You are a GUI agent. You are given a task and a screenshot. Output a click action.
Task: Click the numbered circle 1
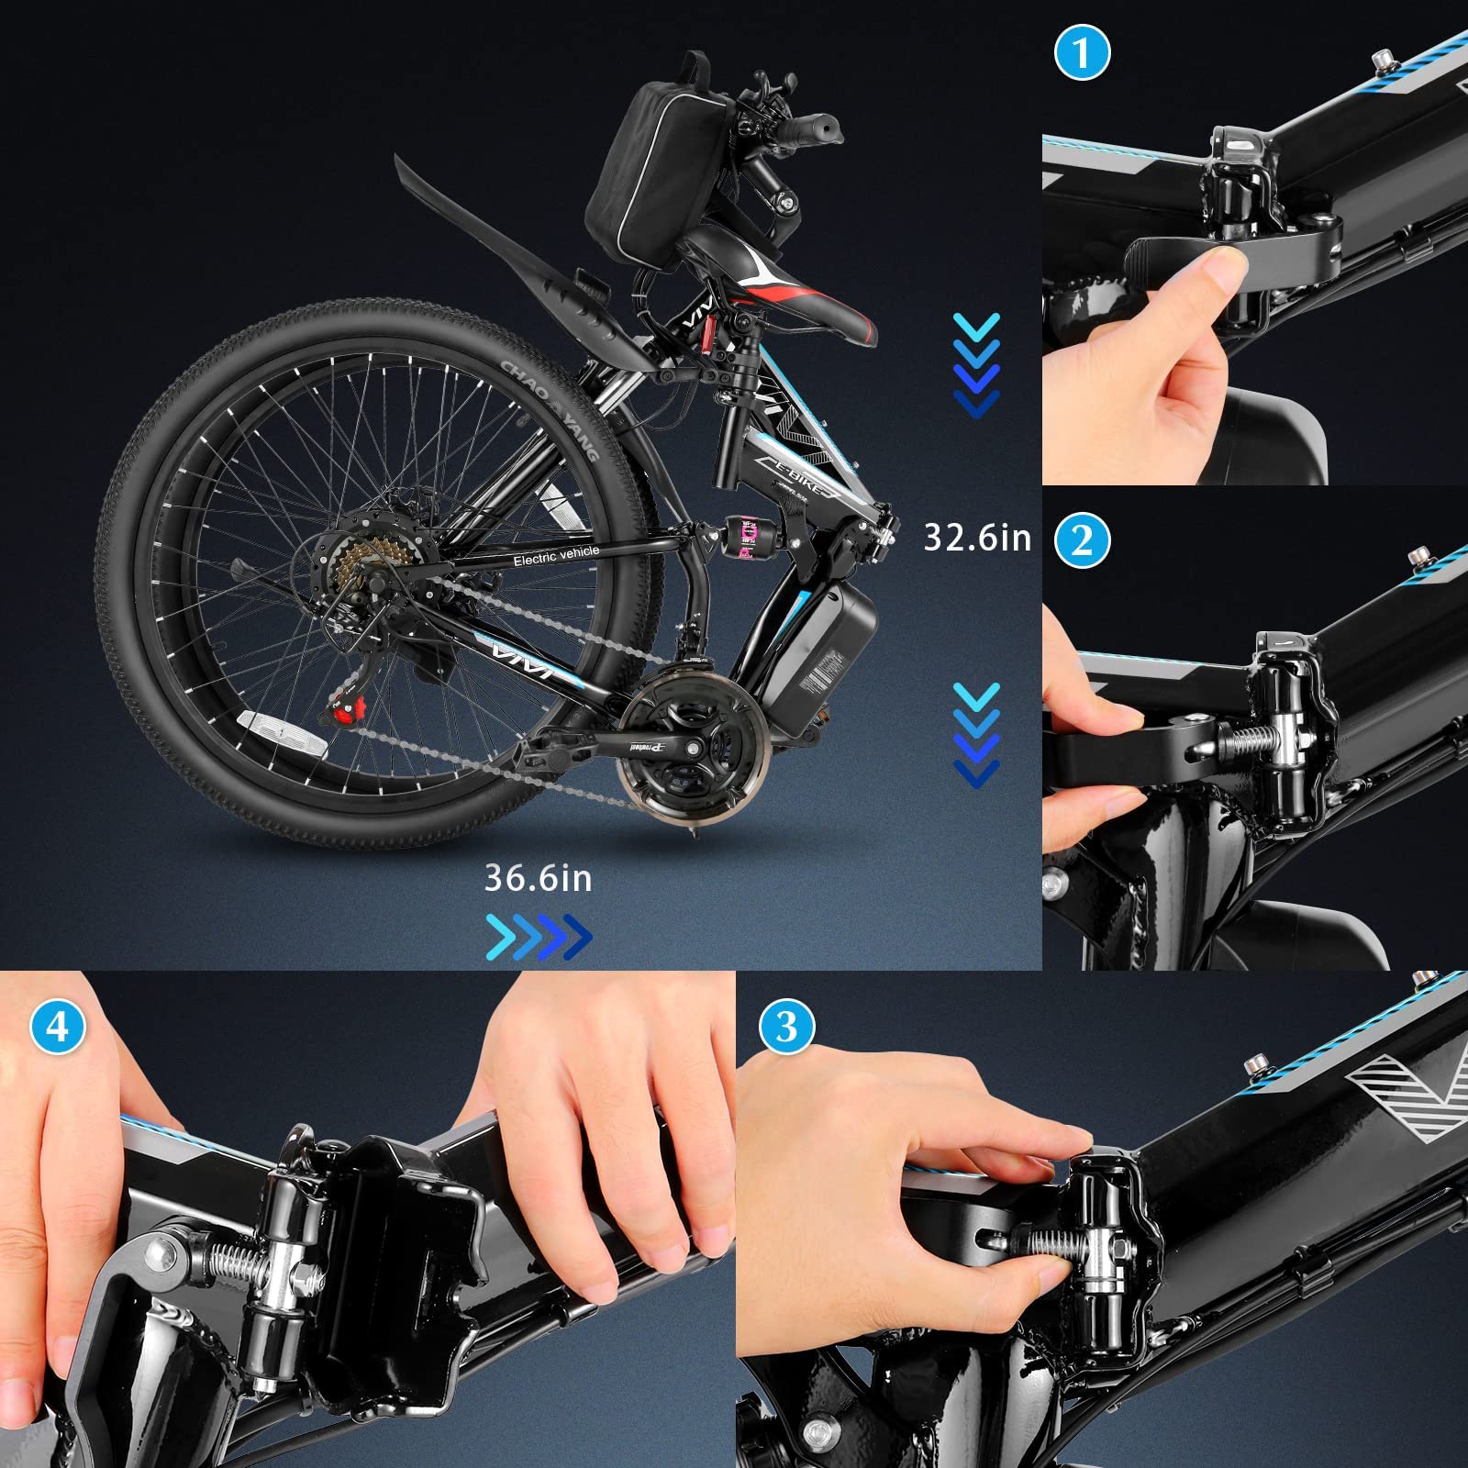click(1082, 52)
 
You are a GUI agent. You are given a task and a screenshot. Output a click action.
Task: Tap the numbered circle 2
click(1082, 540)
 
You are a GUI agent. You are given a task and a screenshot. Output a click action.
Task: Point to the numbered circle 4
click(57, 1026)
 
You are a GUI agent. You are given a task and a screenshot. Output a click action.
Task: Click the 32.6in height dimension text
click(977, 538)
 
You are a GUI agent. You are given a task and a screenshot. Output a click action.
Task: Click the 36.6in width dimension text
click(538, 878)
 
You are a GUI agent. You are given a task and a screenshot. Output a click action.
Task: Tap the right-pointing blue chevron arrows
click(539, 936)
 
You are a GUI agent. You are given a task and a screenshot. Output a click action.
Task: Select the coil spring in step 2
click(1245, 735)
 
